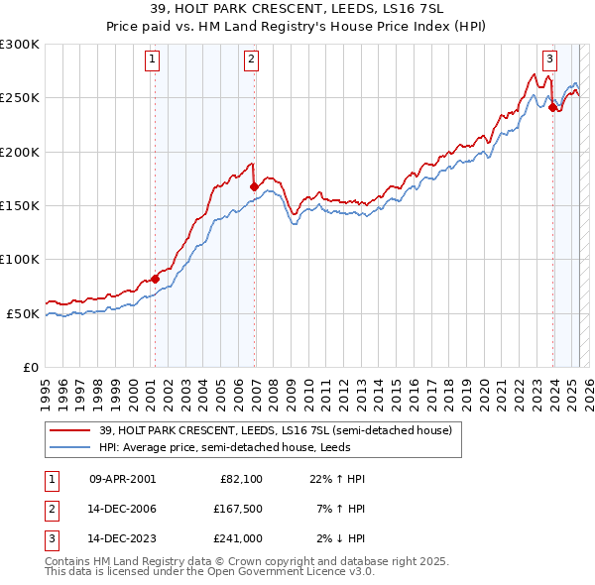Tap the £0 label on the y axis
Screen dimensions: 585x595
coord(29,367)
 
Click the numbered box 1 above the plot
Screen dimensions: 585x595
coord(153,59)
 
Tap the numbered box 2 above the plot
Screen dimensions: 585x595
coord(252,59)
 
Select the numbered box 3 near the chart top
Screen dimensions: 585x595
coord(550,59)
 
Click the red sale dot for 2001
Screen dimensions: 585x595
coord(155,279)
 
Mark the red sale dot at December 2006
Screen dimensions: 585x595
coord(255,186)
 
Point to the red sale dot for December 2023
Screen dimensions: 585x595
coord(552,108)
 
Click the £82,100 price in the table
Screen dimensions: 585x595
coord(241,479)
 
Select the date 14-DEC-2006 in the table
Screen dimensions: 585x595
coord(123,509)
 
